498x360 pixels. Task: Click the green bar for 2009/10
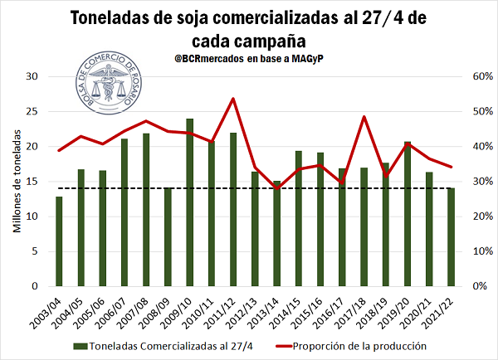coord(189,203)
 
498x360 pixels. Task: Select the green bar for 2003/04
coord(59,241)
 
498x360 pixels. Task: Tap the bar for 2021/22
coord(451,237)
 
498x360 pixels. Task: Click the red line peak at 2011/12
coord(232,99)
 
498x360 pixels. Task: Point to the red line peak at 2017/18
coord(364,117)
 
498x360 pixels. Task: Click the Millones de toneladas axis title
coord(17,181)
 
